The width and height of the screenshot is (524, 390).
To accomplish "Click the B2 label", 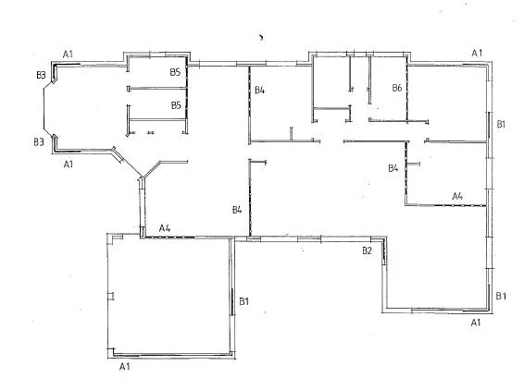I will point(367,250).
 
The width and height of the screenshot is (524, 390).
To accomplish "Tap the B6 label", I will point(396,89).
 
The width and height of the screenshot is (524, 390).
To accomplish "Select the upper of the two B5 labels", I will point(175,71).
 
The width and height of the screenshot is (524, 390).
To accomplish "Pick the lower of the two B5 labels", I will point(175,105).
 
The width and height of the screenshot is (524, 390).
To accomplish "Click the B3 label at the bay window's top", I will point(40,74).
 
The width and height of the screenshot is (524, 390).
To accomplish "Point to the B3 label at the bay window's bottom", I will point(39,142).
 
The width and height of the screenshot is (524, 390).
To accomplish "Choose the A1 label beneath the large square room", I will point(125,367).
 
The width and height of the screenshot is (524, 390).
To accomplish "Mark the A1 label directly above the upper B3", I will point(68,55).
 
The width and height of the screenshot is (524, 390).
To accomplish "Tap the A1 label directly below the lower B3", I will point(68,164).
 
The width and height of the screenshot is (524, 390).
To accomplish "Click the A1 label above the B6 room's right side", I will point(477,53).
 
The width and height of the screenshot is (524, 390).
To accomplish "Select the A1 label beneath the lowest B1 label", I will point(476,323).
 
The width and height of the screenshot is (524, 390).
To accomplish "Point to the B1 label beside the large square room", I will point(244,301).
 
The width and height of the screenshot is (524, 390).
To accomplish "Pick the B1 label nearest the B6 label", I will point(501,123).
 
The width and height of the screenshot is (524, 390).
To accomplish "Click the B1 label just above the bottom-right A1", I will point(501,296).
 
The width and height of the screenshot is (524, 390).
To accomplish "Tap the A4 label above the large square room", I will point(165,227).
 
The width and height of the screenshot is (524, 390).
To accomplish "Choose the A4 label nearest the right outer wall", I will point(456,196).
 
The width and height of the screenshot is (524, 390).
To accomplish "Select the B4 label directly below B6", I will point(393,168).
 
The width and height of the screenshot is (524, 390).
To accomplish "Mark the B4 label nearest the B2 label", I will point(237,211).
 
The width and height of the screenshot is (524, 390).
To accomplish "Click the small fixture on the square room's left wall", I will point(110,297).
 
